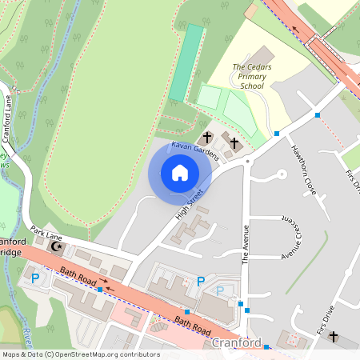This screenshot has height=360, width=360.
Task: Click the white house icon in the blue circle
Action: (x=180, y=172)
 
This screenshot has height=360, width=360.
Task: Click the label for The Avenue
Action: (x=246, y=244)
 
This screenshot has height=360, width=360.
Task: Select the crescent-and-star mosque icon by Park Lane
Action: (x=56, y=246)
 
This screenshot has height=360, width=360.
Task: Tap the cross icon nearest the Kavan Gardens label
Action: (x=208, y=137)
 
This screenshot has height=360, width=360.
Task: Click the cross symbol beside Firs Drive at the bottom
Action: (x=333, y=337)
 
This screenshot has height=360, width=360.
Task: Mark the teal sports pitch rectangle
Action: (x=186, y=62)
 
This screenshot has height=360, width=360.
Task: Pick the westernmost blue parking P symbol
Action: (x=34, y=278)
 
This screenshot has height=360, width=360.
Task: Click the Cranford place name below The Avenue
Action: (x=237, y=342)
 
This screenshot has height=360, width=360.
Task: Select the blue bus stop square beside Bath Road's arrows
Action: (x=99, y=290)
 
